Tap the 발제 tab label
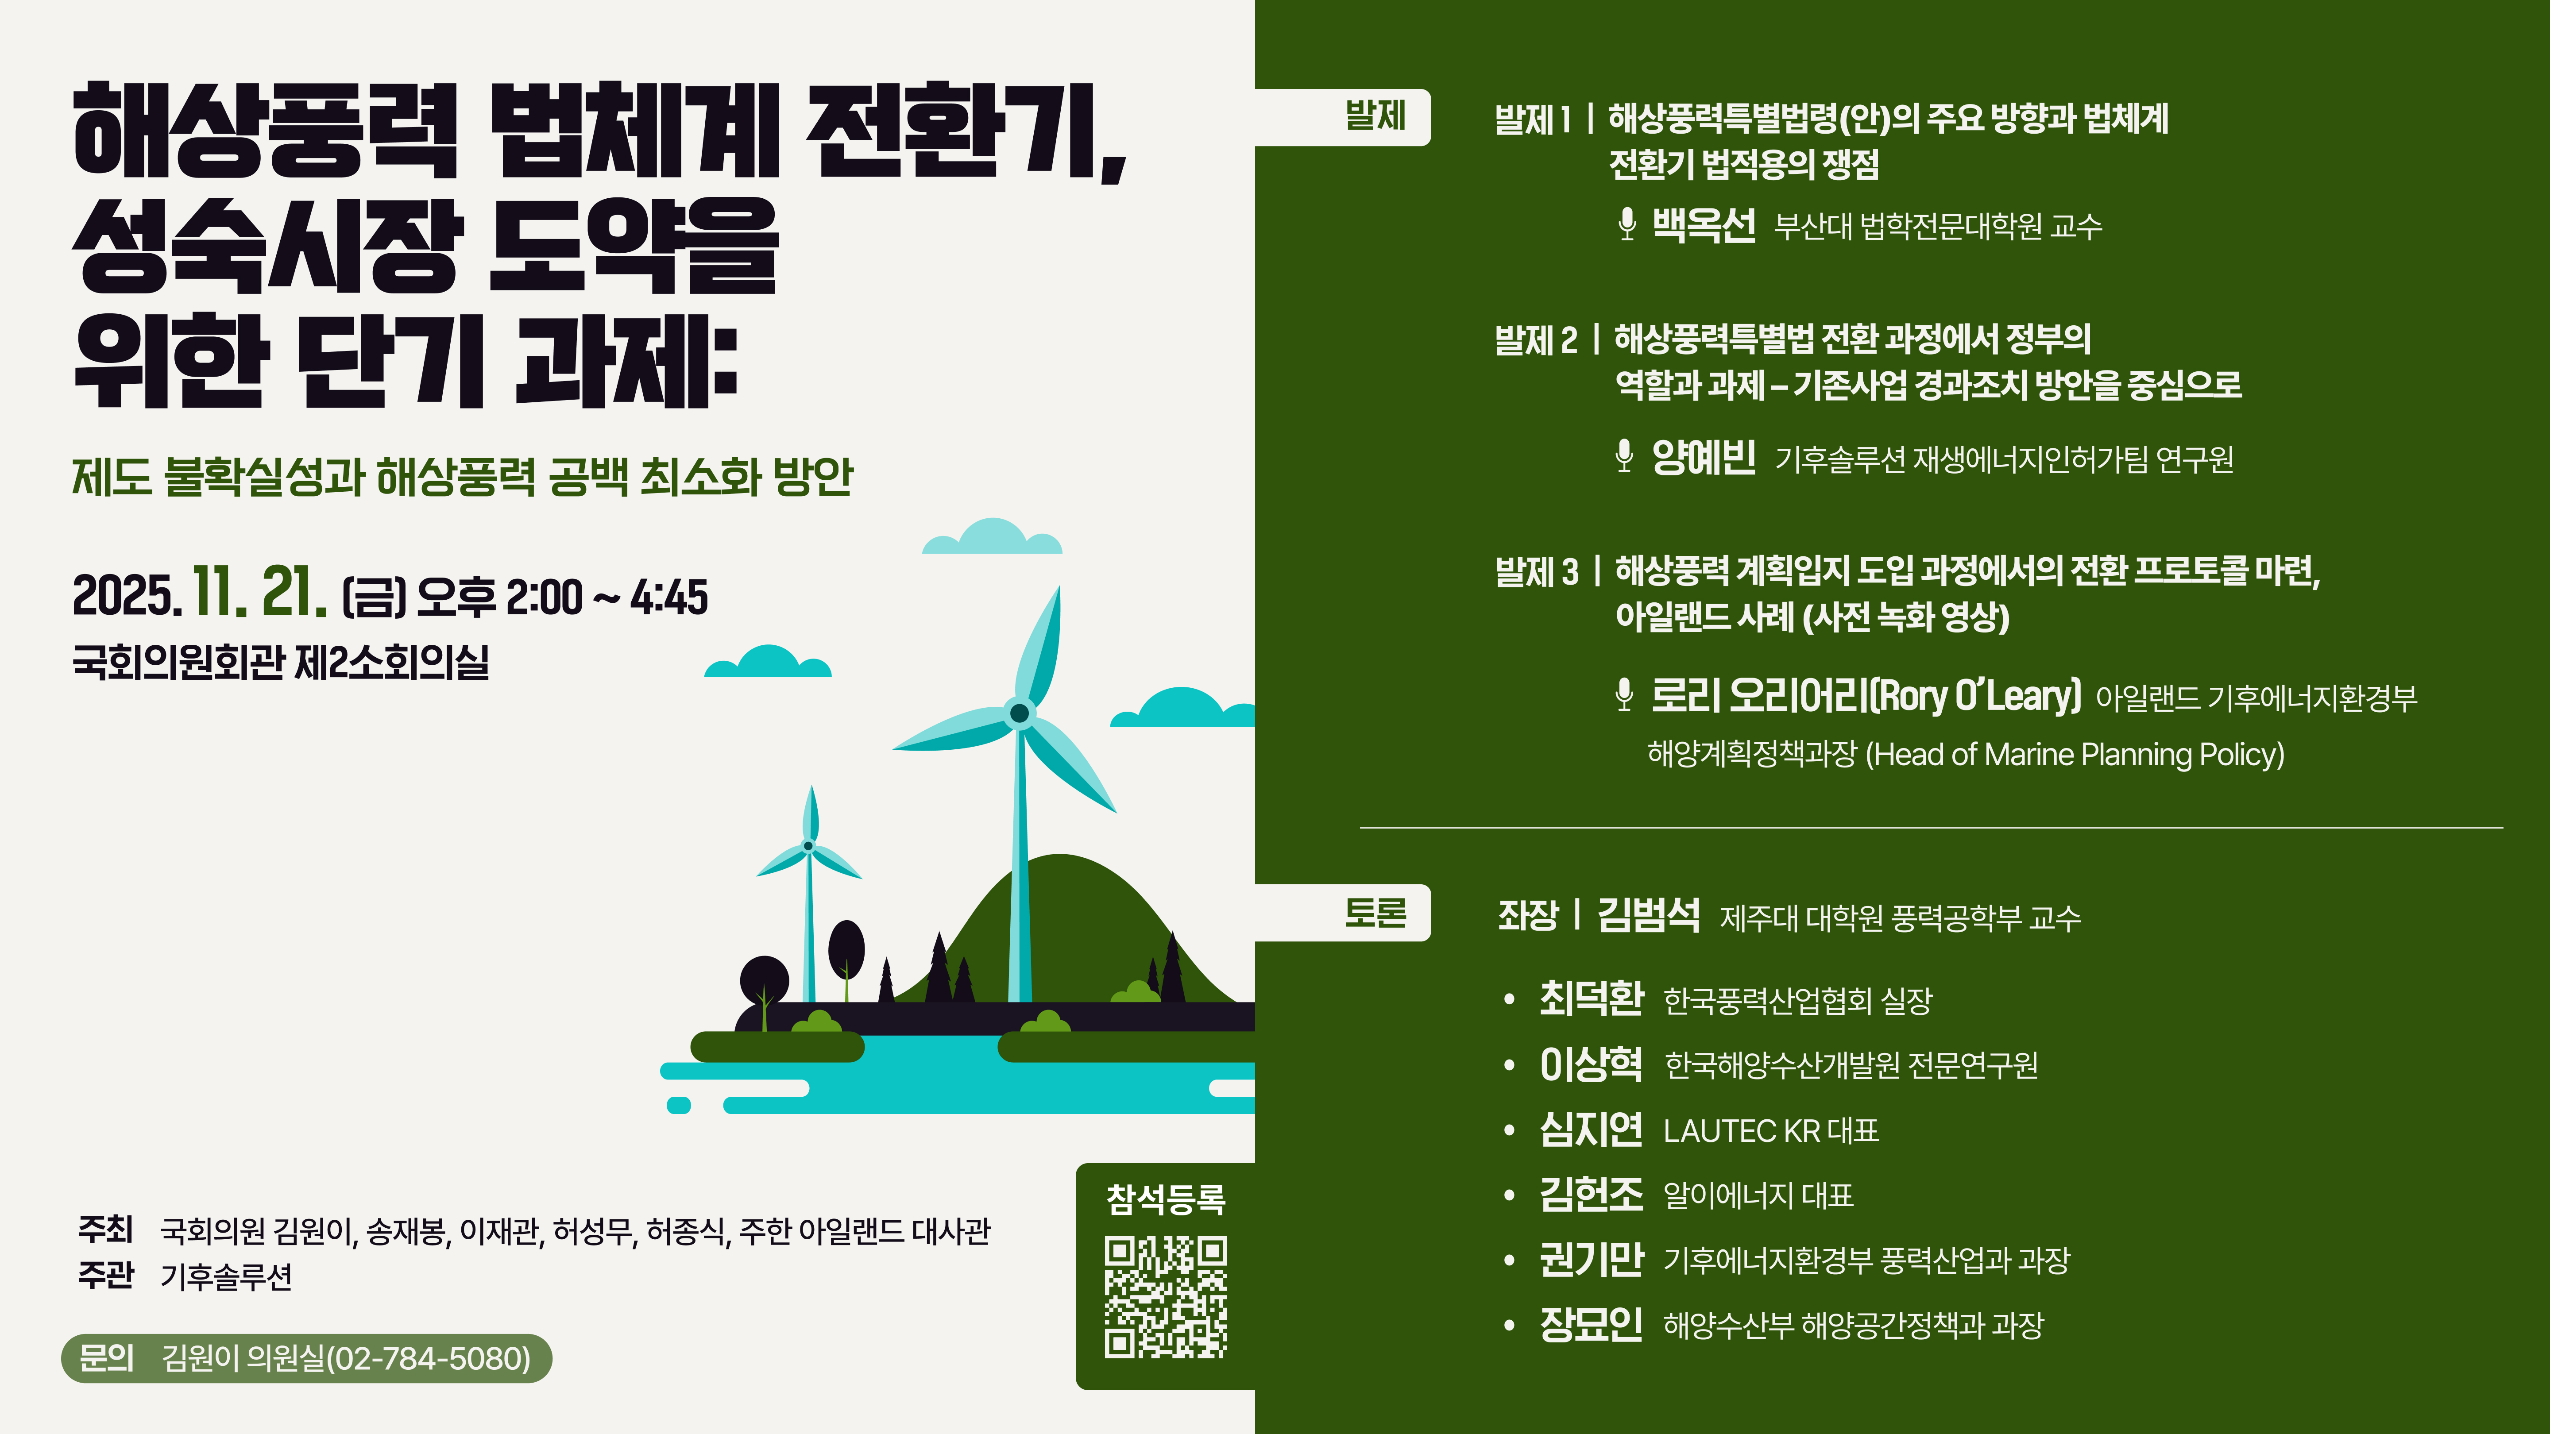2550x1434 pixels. [x=1375, y=116]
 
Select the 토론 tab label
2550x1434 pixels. [x=1375, y=913]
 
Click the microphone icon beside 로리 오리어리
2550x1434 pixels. [x=1623, y=695]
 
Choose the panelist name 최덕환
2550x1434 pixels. [x=1591, y=998]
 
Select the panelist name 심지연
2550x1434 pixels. [x=1591, y=1129]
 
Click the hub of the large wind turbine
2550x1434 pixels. [x=1019, y=713]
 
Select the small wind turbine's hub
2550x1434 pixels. [x=809, y=846]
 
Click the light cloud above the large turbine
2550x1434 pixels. [x=992, y=537]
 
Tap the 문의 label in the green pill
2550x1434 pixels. [x=106, y=1358]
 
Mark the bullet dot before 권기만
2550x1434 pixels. [x=1509, y=1261]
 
